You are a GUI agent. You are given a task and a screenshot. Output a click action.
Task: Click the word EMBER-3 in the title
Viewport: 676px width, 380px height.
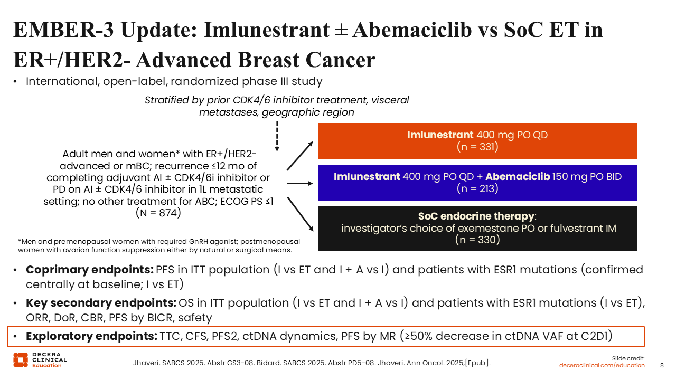pyautogui.click(x=64, y=30)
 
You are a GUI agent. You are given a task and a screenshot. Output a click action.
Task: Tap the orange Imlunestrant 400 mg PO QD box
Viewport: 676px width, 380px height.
pyautogui.click(x=477, y=141)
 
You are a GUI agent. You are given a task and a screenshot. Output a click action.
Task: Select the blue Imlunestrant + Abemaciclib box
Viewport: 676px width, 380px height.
pyautogui.click(x=477, y=183)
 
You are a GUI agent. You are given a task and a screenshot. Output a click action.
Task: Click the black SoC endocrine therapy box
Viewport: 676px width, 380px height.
pyautogui.click(x=477, y=229)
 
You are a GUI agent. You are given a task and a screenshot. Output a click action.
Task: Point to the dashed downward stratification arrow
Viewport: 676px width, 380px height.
pyautogui.click(x=277, y=136)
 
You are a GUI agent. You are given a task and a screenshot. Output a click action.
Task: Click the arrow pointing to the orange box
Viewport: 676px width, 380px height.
pyautogui.click(x=300, y=156)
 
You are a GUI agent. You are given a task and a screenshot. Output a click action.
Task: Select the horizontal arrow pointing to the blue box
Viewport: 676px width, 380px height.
pyautogui.click(x=300, y=183)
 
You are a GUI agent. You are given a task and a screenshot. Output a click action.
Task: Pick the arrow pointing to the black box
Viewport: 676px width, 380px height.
pyautogui.click(x=301, y=214)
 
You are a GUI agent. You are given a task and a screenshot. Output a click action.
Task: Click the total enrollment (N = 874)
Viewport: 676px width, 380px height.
pyautogui.click(x=158, y=213)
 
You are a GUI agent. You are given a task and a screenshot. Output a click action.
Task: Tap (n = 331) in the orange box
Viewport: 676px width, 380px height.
pyautogui.click(x=477, y=147)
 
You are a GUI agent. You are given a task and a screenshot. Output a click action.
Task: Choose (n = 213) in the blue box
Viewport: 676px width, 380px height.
pyautogui.click(x=477, y=188)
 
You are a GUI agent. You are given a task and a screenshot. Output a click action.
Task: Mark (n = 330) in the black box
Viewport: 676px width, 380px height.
pyautogui.click(x=477, y=240)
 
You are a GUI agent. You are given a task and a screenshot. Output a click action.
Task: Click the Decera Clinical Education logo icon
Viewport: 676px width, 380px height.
pyautogui.click(x=21, y=360)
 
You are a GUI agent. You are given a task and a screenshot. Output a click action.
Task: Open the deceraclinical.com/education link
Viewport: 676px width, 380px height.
pyautogui.click(x=602, y=366)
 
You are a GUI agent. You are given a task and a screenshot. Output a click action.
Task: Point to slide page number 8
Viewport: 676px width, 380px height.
pyautogui.click(x=662, y=366)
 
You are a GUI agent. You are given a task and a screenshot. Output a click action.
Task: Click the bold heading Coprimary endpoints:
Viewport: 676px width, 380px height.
pyautogui.click(x=90, y=270)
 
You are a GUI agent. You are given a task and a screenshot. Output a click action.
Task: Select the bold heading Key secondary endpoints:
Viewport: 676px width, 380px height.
pyautogui.click(x=101, y=303)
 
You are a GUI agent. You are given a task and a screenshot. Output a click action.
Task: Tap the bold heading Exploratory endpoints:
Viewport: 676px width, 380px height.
pyautogui.click(x=91, y=336)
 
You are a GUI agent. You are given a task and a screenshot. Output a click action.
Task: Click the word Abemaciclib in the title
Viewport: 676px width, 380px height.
pyautogui.click(x=412, y=30)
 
